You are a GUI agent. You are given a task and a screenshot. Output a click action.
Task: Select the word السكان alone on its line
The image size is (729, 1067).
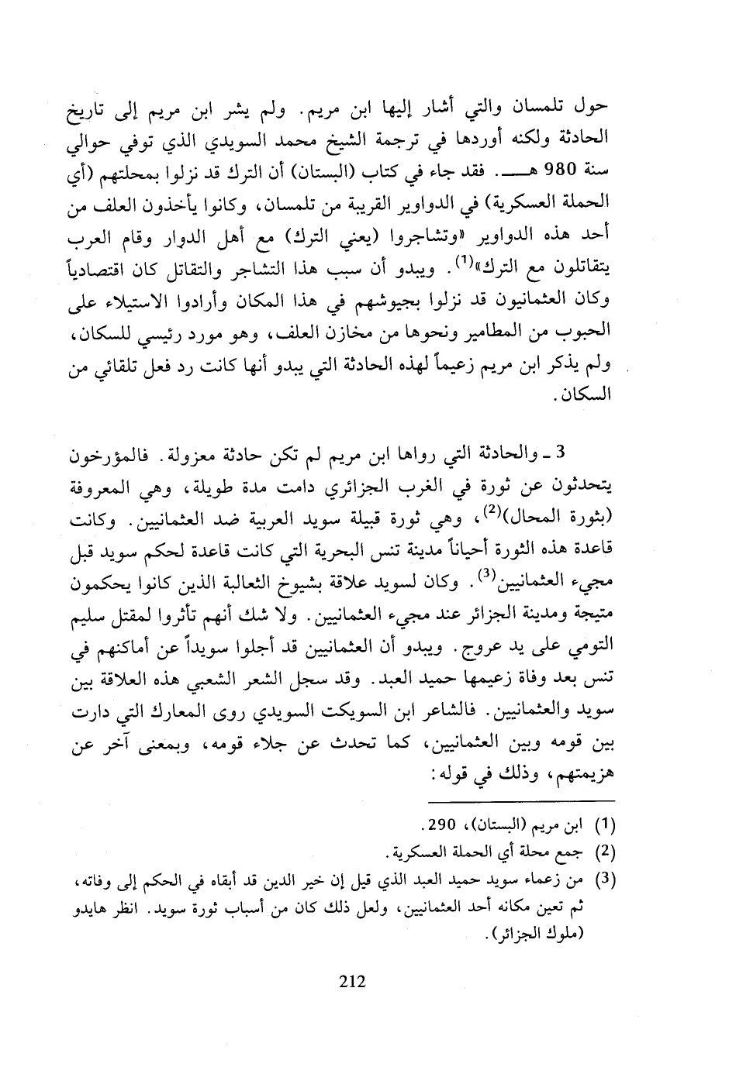click(588, 396)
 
